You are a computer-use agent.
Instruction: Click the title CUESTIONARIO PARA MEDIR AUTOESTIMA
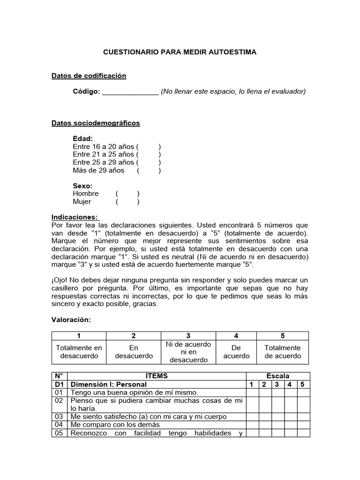[180, 52]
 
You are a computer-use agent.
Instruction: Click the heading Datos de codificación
[89, 75]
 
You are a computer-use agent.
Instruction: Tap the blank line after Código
[130, 91]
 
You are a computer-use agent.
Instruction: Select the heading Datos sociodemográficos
[95, 123]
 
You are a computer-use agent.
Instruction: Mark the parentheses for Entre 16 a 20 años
[149, 147]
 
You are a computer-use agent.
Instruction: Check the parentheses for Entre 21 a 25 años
[149, 155]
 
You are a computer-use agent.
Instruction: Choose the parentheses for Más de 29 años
[149, 171]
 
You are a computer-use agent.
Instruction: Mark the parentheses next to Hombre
[127, 194]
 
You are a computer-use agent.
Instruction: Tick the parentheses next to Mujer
[127, 202]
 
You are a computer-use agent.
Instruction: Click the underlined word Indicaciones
[75, 217]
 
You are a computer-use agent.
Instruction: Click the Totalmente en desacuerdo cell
[79, 352]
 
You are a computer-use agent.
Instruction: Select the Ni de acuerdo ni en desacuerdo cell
[188, 352]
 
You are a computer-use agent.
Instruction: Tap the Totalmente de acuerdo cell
[283, 352]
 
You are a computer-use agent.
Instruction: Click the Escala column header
[278, 376]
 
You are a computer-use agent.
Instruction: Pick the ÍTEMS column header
[157, 376]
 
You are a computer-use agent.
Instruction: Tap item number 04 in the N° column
[59, 425]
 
